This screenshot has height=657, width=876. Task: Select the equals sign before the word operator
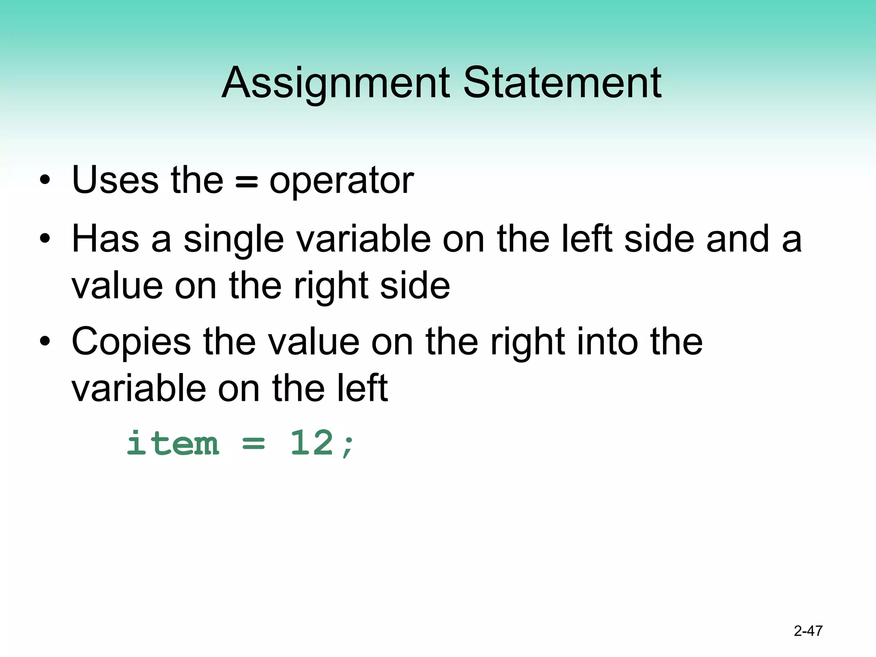point(247,182)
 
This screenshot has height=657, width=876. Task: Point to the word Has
point(105,239)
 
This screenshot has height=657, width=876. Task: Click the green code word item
point(173,443)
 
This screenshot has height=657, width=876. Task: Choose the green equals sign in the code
point(254,444)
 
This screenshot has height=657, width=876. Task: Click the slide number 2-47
point(808,630)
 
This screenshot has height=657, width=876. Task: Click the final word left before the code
point(362,388)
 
